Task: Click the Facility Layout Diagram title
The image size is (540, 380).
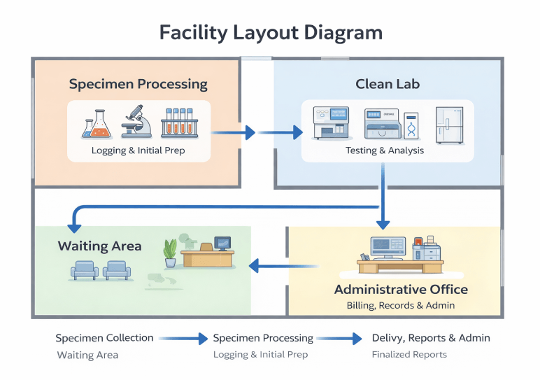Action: click(271, 33)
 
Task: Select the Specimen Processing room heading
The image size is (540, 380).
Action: click(138, 84)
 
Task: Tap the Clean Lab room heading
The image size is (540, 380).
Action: click(388, 84)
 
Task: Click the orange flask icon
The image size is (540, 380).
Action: click(97, 122)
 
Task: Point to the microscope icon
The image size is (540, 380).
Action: click(137, 121)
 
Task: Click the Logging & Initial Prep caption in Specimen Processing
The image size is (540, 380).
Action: click(138, 150)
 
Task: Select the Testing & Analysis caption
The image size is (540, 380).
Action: click(384, 150)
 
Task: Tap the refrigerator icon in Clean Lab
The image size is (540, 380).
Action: click(448, 125)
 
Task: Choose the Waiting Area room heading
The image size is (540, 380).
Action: click(99, 246)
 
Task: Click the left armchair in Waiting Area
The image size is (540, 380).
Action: click(85, 270)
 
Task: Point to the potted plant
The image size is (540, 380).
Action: click(170, 253)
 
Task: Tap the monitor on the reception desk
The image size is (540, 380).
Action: click(222, 243)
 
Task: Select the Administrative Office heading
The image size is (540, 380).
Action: click(401, 289)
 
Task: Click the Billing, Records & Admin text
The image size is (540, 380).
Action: click(401, 305)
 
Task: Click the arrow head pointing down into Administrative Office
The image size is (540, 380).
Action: click(383, 224)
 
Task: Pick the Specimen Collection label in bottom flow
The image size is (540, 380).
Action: click(104, 338)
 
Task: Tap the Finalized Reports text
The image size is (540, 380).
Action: click(409, 355)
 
